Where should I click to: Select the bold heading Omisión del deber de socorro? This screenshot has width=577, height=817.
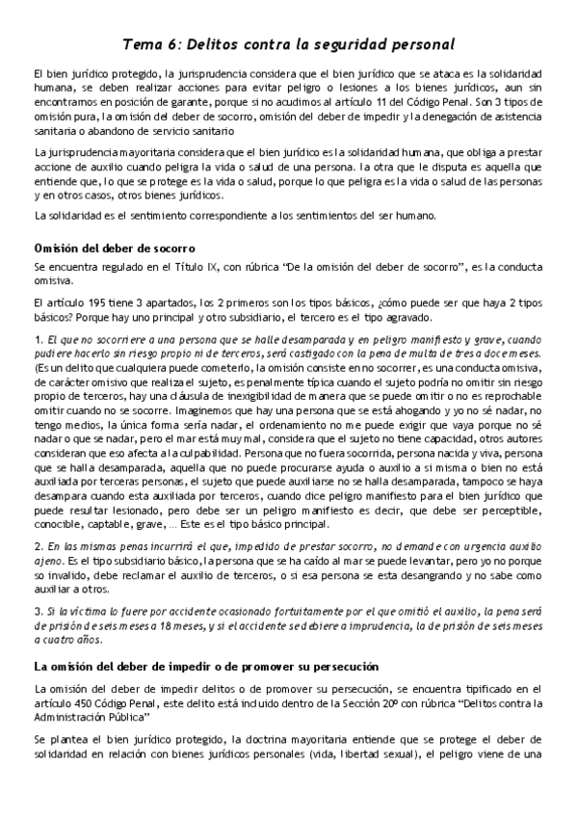(x=115, y=248)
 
